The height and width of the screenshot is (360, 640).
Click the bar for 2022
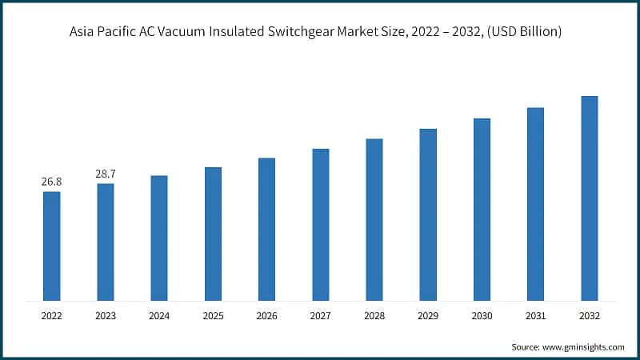(51, 246)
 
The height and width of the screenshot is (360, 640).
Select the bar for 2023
(106, 242)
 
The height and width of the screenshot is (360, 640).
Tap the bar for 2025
(213, 234)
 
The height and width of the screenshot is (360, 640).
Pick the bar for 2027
(321, 225)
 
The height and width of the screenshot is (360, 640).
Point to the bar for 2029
(428, 214)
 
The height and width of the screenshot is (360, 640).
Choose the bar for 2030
(482, 210)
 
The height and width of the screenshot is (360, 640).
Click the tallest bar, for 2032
(589, 198)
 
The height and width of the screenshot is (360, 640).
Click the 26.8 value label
(51, 182)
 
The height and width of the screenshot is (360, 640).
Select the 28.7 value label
(106, 174)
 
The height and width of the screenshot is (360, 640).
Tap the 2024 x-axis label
(159, 317)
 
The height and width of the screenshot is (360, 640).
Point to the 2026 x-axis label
(266, 317)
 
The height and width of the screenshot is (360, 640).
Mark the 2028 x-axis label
(374, 317)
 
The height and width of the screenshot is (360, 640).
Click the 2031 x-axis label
(535, 317)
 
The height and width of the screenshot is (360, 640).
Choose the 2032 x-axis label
(589, 317)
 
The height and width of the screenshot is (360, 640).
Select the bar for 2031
(535, 204)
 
